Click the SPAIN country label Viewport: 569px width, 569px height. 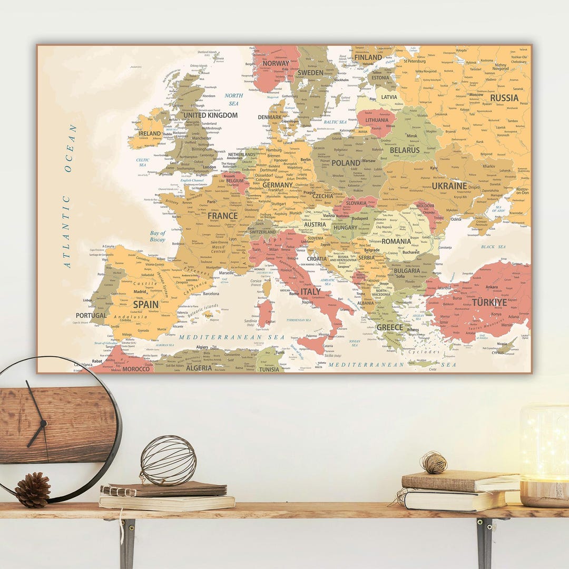(x=146, y=305)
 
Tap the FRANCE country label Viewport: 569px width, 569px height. (x=222, y=216)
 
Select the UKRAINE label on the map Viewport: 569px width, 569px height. (x=449, y=186)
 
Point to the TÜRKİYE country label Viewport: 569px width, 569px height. (x=489, y=303)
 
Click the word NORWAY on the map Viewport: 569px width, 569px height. (x=276, y=63)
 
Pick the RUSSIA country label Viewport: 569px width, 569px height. (x=504, y=98)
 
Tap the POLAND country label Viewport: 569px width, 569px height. (x=346, y=163)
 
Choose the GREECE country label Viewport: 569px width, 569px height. (x=389, y=327)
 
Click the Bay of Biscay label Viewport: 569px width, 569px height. (x=158, y=236)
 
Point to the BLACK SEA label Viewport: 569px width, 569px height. (x=493, y=247)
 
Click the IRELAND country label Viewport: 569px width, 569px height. (x=150, y=134)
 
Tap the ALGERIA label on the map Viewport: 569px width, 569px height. (x=199, y=368)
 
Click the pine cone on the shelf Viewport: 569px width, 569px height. (x=32, y=489)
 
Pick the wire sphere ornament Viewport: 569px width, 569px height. (x=168, y=460)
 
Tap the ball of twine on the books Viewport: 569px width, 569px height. (x=433, y=463)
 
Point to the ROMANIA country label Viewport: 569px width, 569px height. (x=396, y=242)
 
